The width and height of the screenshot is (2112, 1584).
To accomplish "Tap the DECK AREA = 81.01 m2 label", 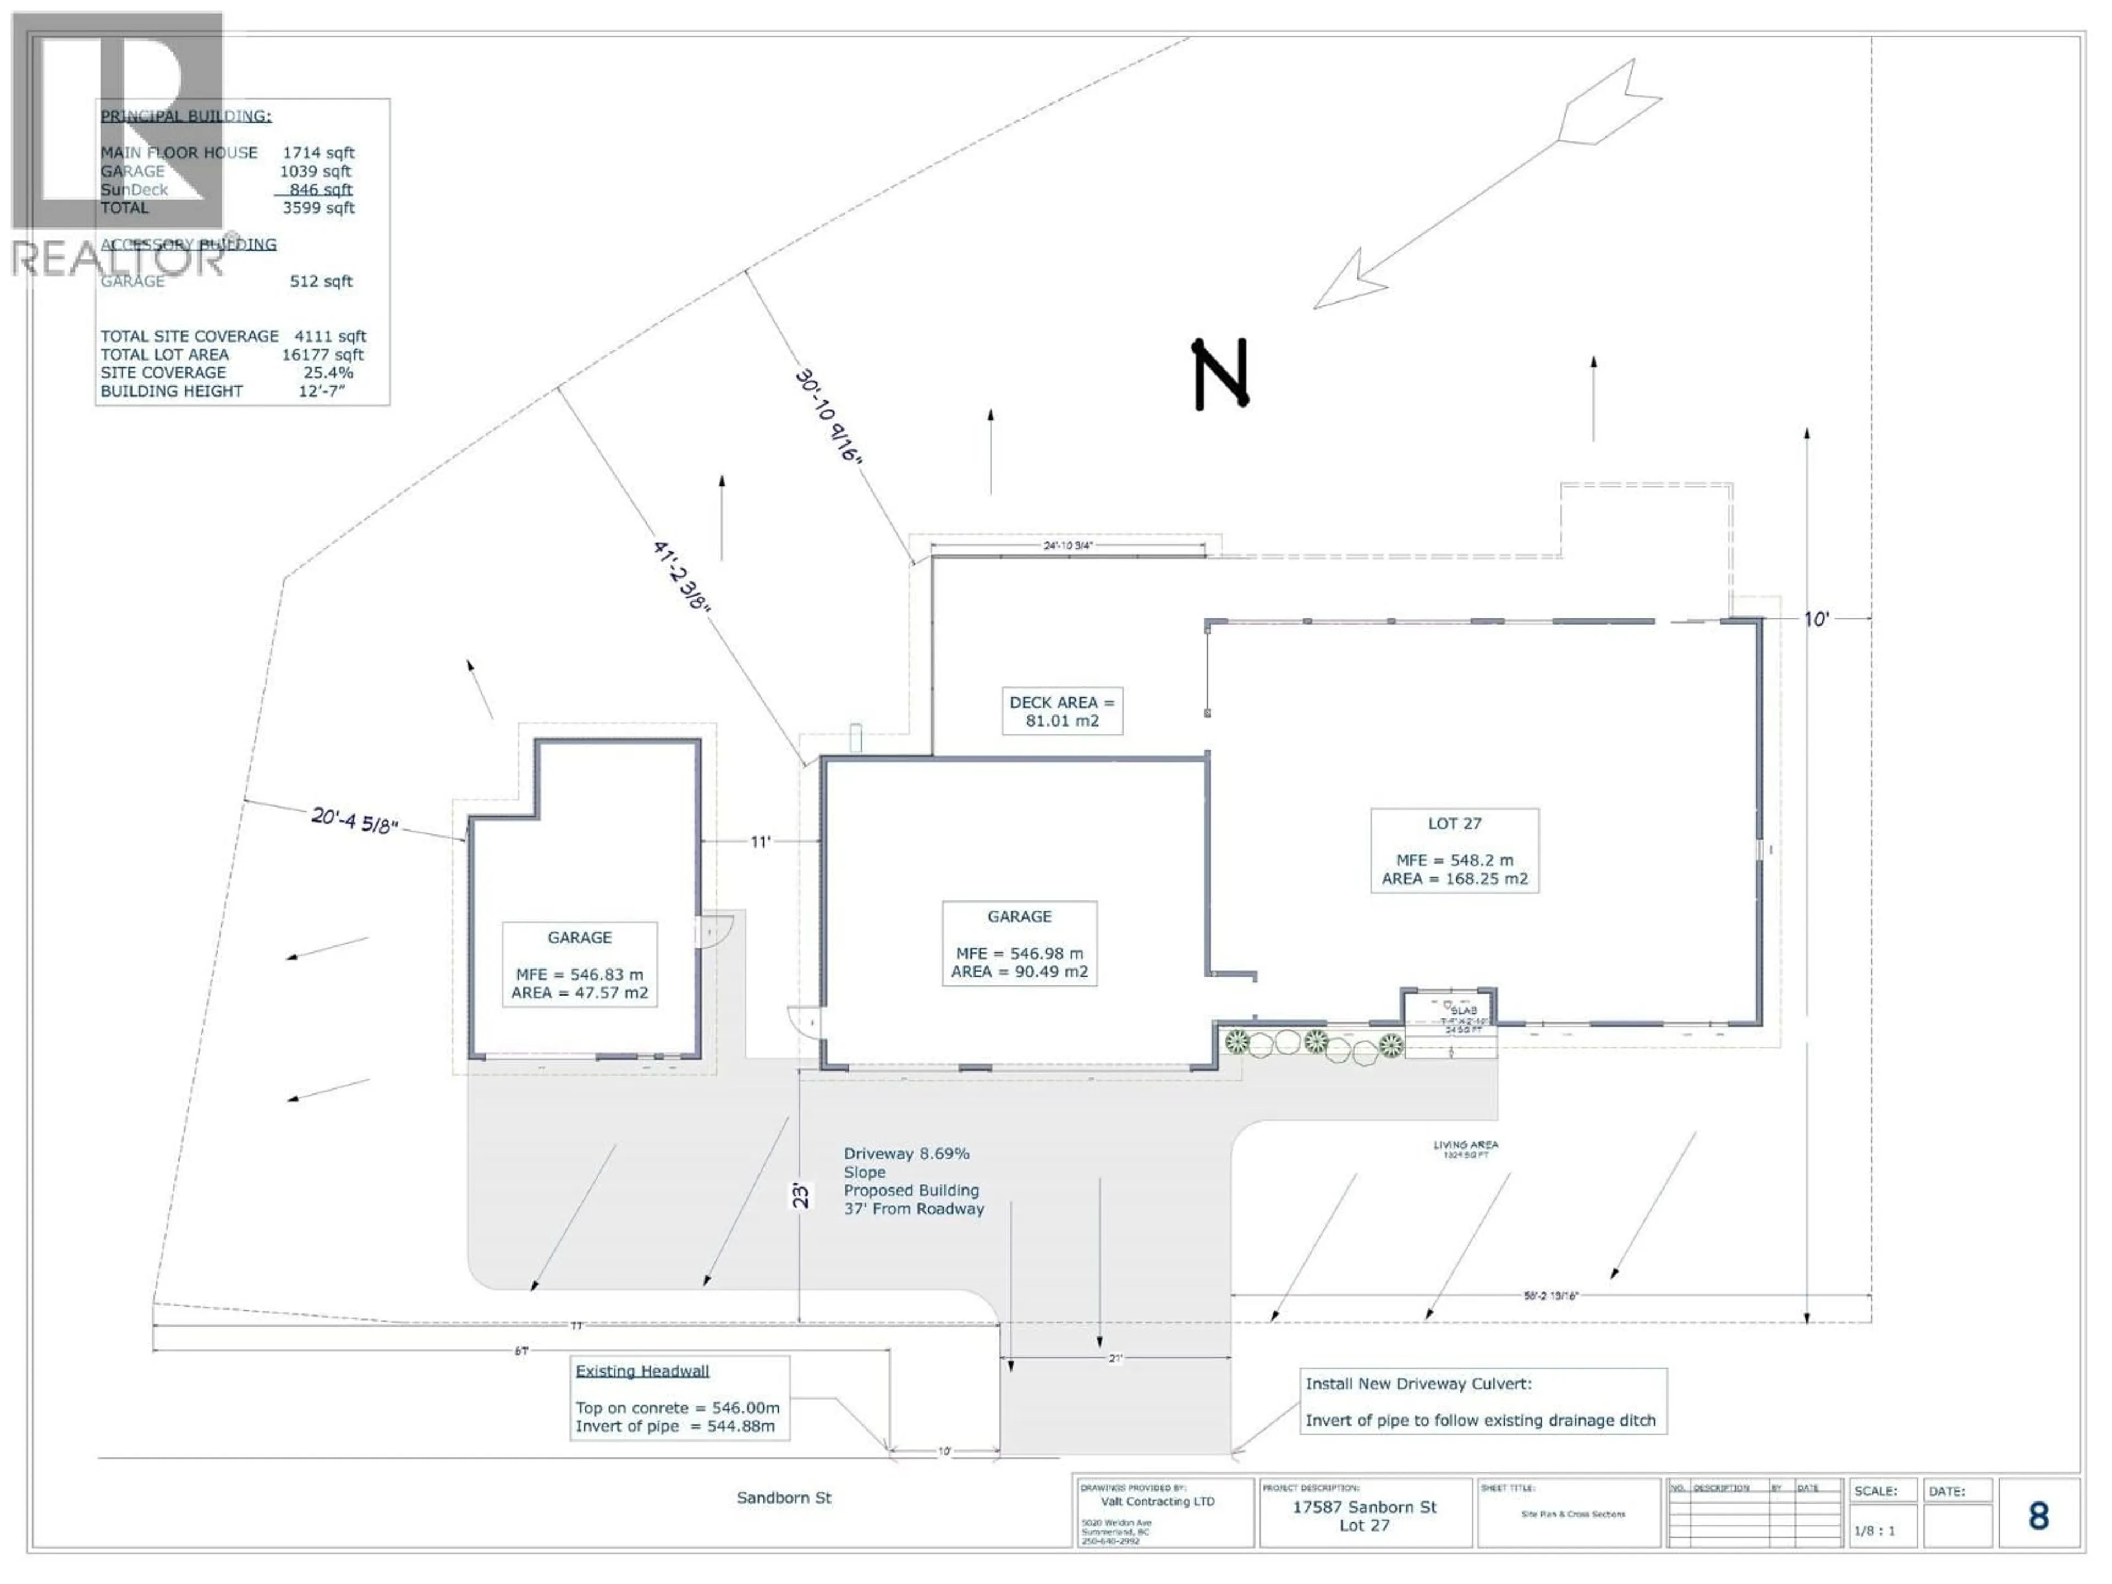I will tap(1061, 711).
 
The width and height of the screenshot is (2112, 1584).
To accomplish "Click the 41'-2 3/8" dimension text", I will tap(681, 576).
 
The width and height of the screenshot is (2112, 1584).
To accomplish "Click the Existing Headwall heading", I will tap(642, 1371).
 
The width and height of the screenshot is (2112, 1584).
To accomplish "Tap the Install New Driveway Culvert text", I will tap(1418, 1383).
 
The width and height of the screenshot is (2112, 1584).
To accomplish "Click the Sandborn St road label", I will tap(783, 1498).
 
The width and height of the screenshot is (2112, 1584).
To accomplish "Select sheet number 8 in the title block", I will tap(2038, 1516).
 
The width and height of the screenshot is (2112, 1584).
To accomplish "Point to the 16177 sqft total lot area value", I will tap(323, 354).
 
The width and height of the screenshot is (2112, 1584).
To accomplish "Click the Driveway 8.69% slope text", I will tap(906, 1153).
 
